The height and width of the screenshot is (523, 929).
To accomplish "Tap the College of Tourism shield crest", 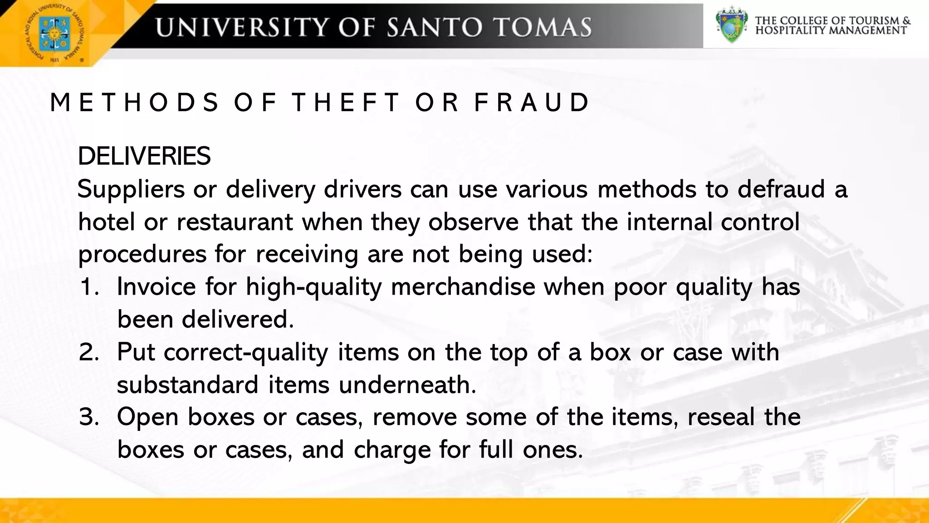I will click(x=731, y=25).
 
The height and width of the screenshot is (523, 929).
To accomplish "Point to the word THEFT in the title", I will click(x=346, y=102).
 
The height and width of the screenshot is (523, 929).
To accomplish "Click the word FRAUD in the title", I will click(x=532, y=102).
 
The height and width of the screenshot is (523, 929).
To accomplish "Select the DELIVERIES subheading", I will click(x=144, y=156).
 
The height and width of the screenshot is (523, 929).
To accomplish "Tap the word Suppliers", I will click(x=131, y=189).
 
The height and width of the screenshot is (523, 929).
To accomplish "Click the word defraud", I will click(x=781, y=189).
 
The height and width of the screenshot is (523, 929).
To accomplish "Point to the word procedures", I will click(x=142, y=254).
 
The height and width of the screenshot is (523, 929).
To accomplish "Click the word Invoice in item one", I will click(x=156, y=287).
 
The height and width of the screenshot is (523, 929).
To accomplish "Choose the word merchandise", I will click(x=463, y=287).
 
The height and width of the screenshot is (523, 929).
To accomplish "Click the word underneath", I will click(x=407, y=385).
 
